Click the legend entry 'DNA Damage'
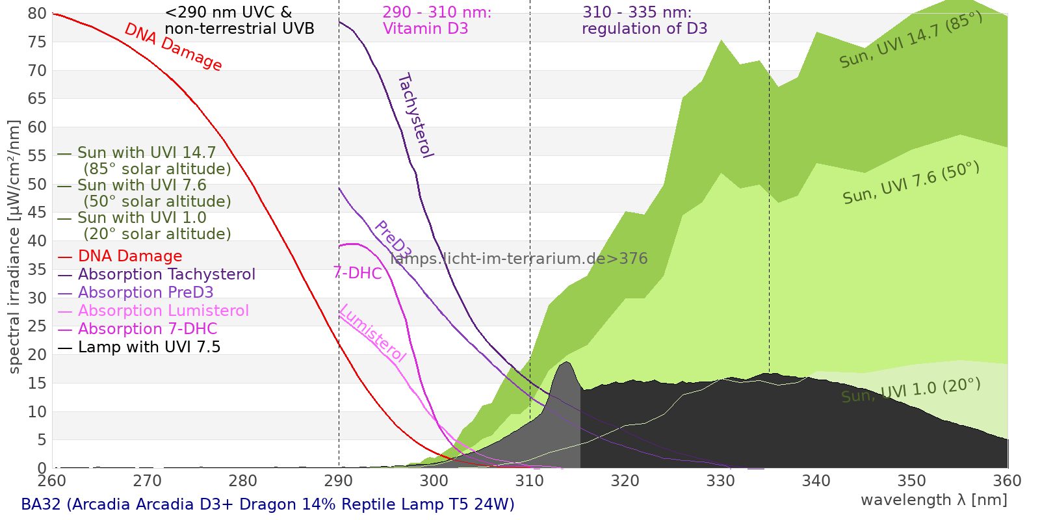coord(130,257)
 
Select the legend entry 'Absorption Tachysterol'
coord(166,275)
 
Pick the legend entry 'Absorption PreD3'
coord(146,293)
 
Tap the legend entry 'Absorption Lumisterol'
coord(163,311)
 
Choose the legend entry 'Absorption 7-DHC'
coord(148,330)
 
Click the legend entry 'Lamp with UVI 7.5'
coord(149,348)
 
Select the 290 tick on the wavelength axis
coord(339,481)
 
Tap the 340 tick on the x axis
coord(816,481)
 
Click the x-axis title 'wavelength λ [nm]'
coord(934,500)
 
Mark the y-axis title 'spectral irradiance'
coord(14,247)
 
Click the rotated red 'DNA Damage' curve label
coord(173,47)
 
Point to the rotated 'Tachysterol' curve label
coord(415,116)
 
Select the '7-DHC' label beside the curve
coord(357,273)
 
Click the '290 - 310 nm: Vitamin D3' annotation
coord(437,21)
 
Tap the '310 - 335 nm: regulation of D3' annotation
coord(644,21)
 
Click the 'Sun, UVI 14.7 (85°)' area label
coord(911,40)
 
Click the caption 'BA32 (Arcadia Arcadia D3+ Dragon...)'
coord(268,504)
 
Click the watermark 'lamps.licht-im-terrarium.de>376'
coord(519,259)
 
